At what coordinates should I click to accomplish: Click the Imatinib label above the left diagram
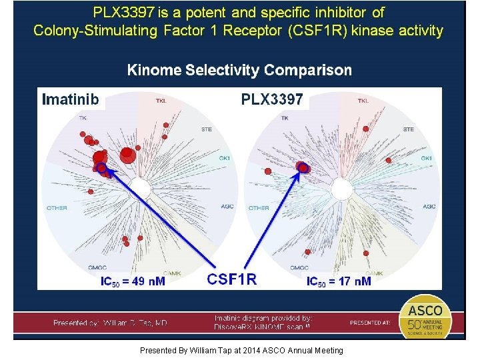point(71,100)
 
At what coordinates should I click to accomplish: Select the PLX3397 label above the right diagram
point(272,100)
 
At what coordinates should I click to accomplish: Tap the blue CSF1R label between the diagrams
point(232,279)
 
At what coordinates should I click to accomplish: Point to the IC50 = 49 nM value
point(133,281)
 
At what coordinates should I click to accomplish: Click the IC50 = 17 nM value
point(339,281)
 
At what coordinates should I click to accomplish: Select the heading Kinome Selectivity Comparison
point(239,70)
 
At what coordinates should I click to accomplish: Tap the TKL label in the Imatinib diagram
point(161,101)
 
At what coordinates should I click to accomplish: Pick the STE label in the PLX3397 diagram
point(408,129)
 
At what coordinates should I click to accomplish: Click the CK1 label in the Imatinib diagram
point(225,158)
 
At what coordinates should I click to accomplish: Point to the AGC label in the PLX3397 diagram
point(429,207)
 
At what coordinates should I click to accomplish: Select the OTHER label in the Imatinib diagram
point(57,208)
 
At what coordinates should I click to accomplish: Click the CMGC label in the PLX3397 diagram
point(299,268)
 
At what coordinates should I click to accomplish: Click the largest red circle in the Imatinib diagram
point(128,157)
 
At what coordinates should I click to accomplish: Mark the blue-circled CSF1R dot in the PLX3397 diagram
point(303,167)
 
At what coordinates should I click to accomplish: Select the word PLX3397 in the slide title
point(125,13)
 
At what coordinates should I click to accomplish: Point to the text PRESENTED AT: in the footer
point(371,323)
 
